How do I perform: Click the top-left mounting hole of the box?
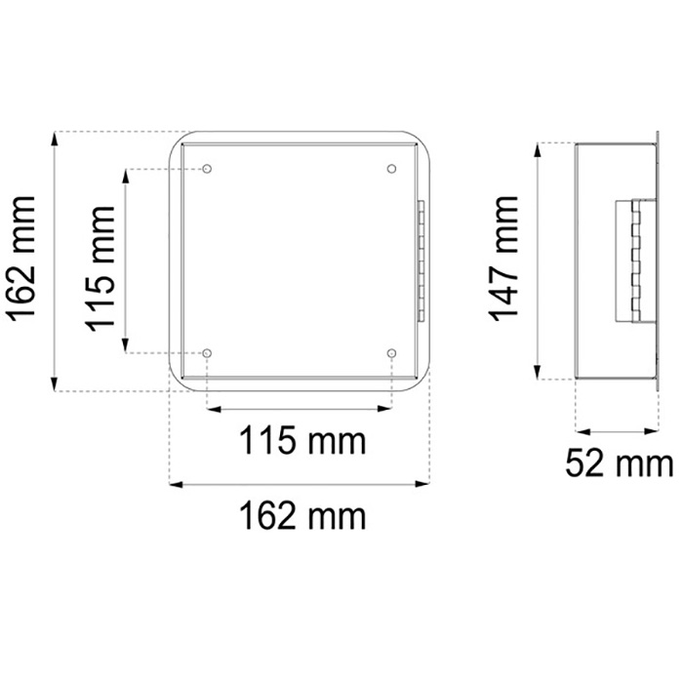coord(207,169)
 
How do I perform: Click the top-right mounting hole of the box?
coord(391,169)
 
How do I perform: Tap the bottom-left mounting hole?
coord(207,353)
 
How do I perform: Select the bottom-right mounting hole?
coord(391,353)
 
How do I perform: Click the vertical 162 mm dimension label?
coord(21,260)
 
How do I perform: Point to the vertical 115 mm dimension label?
coord(100,268)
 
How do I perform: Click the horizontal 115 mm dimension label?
coord(302,441)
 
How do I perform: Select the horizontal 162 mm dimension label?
coord(302,516)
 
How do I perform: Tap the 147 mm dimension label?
coord(504,259)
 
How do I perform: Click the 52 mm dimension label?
coord(620,463)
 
